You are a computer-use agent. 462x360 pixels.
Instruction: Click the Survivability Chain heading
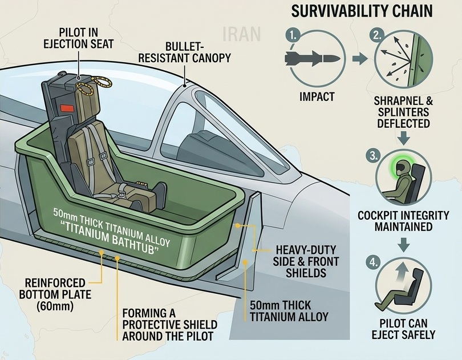tap(362, 11)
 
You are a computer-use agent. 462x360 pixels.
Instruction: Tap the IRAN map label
tap(242, 34)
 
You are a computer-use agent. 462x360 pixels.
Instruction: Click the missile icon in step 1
tap(312, 58)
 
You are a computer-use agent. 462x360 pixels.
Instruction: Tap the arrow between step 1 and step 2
tap(359, 59)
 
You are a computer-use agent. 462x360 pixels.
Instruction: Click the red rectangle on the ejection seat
tap(66, 108)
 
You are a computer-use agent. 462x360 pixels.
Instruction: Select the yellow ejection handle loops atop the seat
tap(94, 84)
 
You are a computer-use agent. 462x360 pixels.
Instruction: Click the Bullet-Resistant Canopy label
tap(184, 52)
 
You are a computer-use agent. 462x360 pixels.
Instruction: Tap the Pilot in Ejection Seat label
tap(78, 38)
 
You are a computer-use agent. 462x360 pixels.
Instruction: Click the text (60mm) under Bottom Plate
tap(55, 306)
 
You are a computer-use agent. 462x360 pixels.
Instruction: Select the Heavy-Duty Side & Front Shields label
tap(306, 261)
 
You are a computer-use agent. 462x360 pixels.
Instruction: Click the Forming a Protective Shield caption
tap(170, 324)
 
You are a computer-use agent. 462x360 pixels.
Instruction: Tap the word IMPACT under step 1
tap(317, 96)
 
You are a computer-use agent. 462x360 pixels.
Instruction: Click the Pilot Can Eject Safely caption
tap(403, 329)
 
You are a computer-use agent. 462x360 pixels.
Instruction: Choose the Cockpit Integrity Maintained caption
tap(403, 221)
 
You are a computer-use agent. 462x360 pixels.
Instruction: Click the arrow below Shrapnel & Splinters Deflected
tap(403, 137)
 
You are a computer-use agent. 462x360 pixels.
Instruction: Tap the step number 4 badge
tap(374, 262)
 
